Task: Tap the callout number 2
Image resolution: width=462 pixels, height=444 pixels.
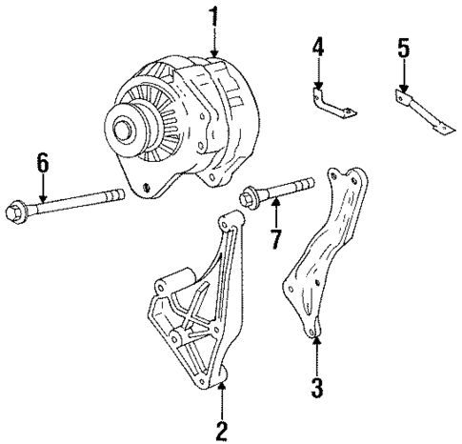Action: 221,431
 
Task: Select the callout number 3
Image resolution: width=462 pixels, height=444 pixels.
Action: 317,388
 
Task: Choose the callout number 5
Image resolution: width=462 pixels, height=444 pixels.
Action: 404,47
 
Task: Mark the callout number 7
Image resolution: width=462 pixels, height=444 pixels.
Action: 275,237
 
